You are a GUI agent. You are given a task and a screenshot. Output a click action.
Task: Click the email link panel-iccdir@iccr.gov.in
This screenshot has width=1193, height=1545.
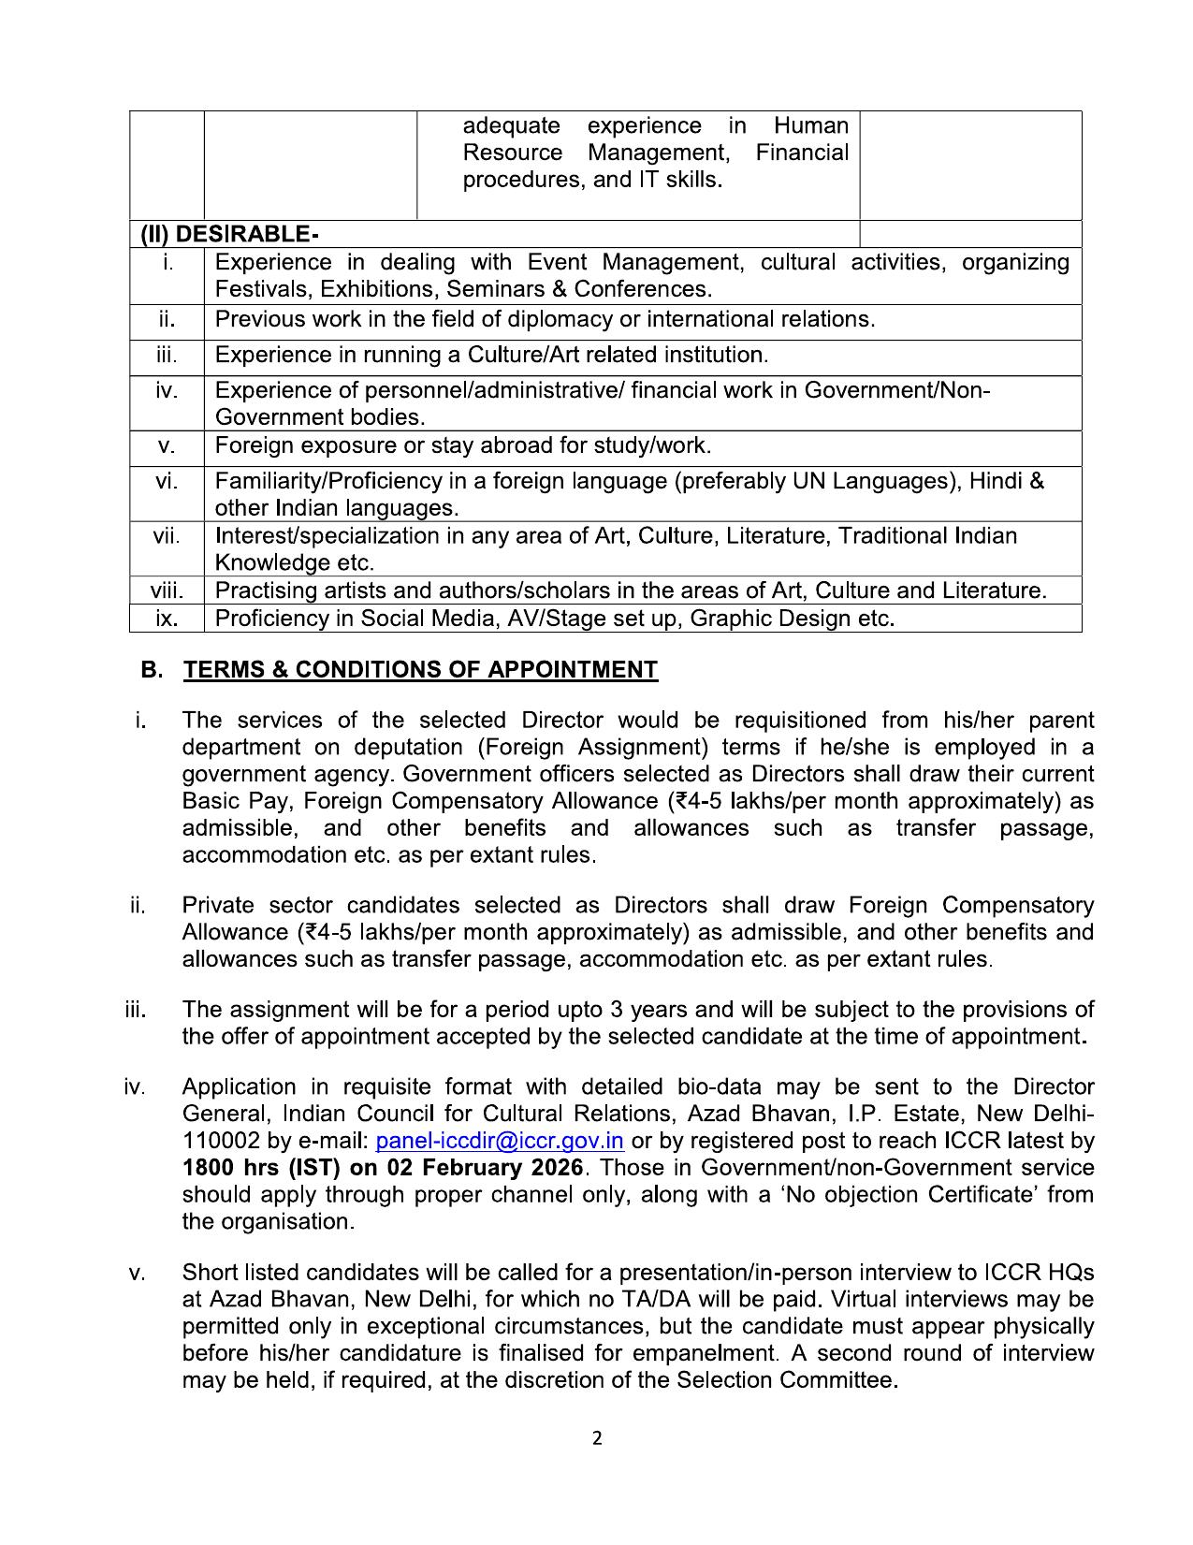[x=499, y=1141]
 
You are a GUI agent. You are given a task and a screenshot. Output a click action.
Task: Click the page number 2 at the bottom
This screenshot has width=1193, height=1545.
[x=597, y=1438]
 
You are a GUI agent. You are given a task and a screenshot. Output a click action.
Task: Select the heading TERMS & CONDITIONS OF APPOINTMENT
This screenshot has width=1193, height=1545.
[x=420, y=670]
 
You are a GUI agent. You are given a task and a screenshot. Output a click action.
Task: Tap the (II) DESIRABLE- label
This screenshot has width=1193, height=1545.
[x=229, y=234]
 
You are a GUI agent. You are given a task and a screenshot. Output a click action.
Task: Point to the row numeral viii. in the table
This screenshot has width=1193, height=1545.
[x=167, y=590]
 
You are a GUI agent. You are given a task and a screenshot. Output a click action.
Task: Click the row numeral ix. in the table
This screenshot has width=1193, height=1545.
[x=167, y=619]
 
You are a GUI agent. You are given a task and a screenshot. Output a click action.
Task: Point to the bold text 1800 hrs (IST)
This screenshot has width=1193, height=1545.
[x=262, y=1168]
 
